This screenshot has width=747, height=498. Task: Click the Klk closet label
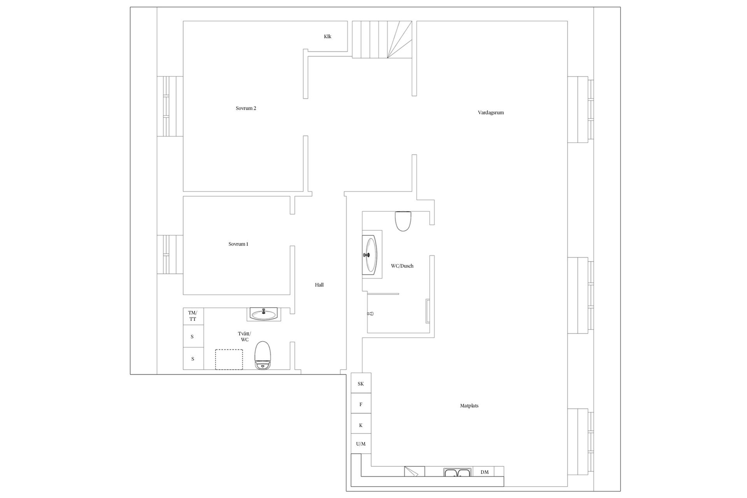328,37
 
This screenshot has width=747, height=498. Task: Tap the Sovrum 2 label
246,108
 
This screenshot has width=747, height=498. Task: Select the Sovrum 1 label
238,244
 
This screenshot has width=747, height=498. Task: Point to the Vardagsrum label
491,113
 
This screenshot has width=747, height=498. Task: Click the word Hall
319,285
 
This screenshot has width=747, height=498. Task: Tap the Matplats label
469,406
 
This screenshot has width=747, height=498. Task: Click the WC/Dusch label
402,266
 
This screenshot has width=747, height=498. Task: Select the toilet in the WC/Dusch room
403,221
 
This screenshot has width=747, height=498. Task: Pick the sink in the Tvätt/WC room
264,314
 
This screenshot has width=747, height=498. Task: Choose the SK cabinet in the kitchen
361,383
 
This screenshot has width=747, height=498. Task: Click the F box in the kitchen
361,404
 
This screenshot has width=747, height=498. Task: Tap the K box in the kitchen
361,425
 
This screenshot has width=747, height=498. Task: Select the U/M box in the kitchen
361,444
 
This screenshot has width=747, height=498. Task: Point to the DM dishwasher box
484,472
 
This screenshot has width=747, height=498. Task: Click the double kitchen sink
458,472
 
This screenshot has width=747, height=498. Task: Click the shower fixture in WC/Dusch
371,313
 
